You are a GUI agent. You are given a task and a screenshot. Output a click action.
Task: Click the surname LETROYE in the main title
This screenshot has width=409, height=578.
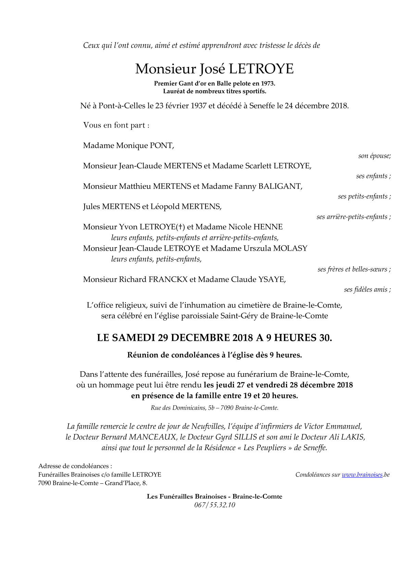[x=261, y=69]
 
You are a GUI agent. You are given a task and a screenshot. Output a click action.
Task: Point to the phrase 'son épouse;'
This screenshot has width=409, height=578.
[x=374, y=156]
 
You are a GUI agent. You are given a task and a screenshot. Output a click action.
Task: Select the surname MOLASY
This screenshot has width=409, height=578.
[x=290, y=248]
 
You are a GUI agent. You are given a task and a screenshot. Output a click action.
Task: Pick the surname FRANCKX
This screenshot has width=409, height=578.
[x=168, y=279]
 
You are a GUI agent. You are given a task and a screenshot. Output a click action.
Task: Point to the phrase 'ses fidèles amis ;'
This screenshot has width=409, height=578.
[x=367, y=290]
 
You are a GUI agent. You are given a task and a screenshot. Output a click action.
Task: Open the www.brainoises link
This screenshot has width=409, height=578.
[x=362, y=475]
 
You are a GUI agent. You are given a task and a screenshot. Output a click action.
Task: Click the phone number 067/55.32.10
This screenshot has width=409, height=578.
[x=214, y=505]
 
